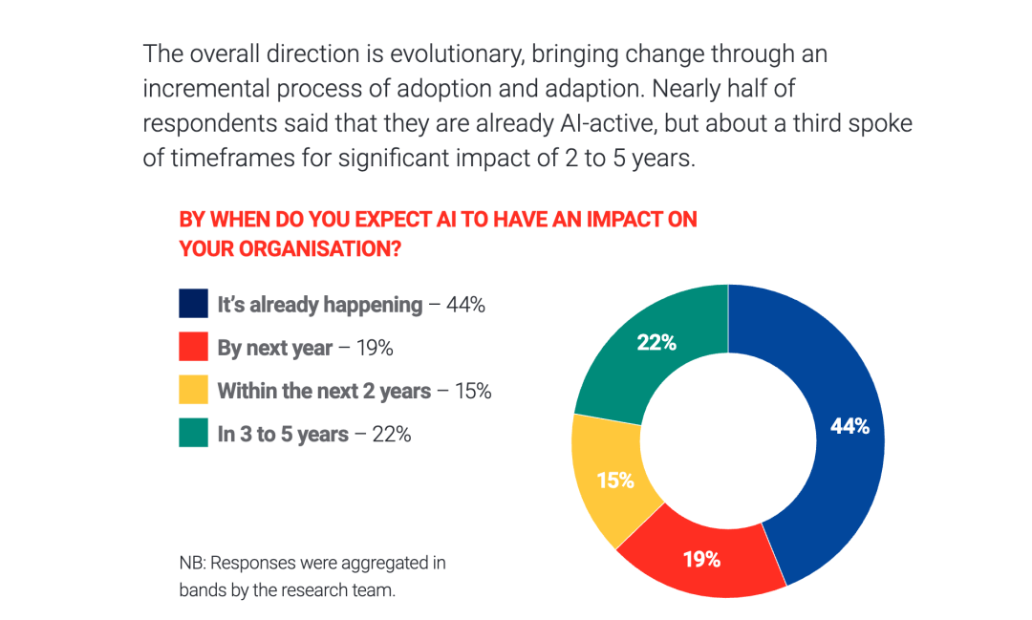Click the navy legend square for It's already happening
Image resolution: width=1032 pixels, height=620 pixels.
tap(193, 304)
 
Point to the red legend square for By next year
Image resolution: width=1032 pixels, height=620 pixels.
tap(193, 347)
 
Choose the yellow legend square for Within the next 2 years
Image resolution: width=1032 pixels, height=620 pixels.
tap(193, 390)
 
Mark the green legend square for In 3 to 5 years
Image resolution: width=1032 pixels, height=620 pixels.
tap(193, 433)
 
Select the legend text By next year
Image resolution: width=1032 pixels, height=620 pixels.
tap(275, 348)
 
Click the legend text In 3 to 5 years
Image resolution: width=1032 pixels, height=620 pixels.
tap(283, 434)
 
